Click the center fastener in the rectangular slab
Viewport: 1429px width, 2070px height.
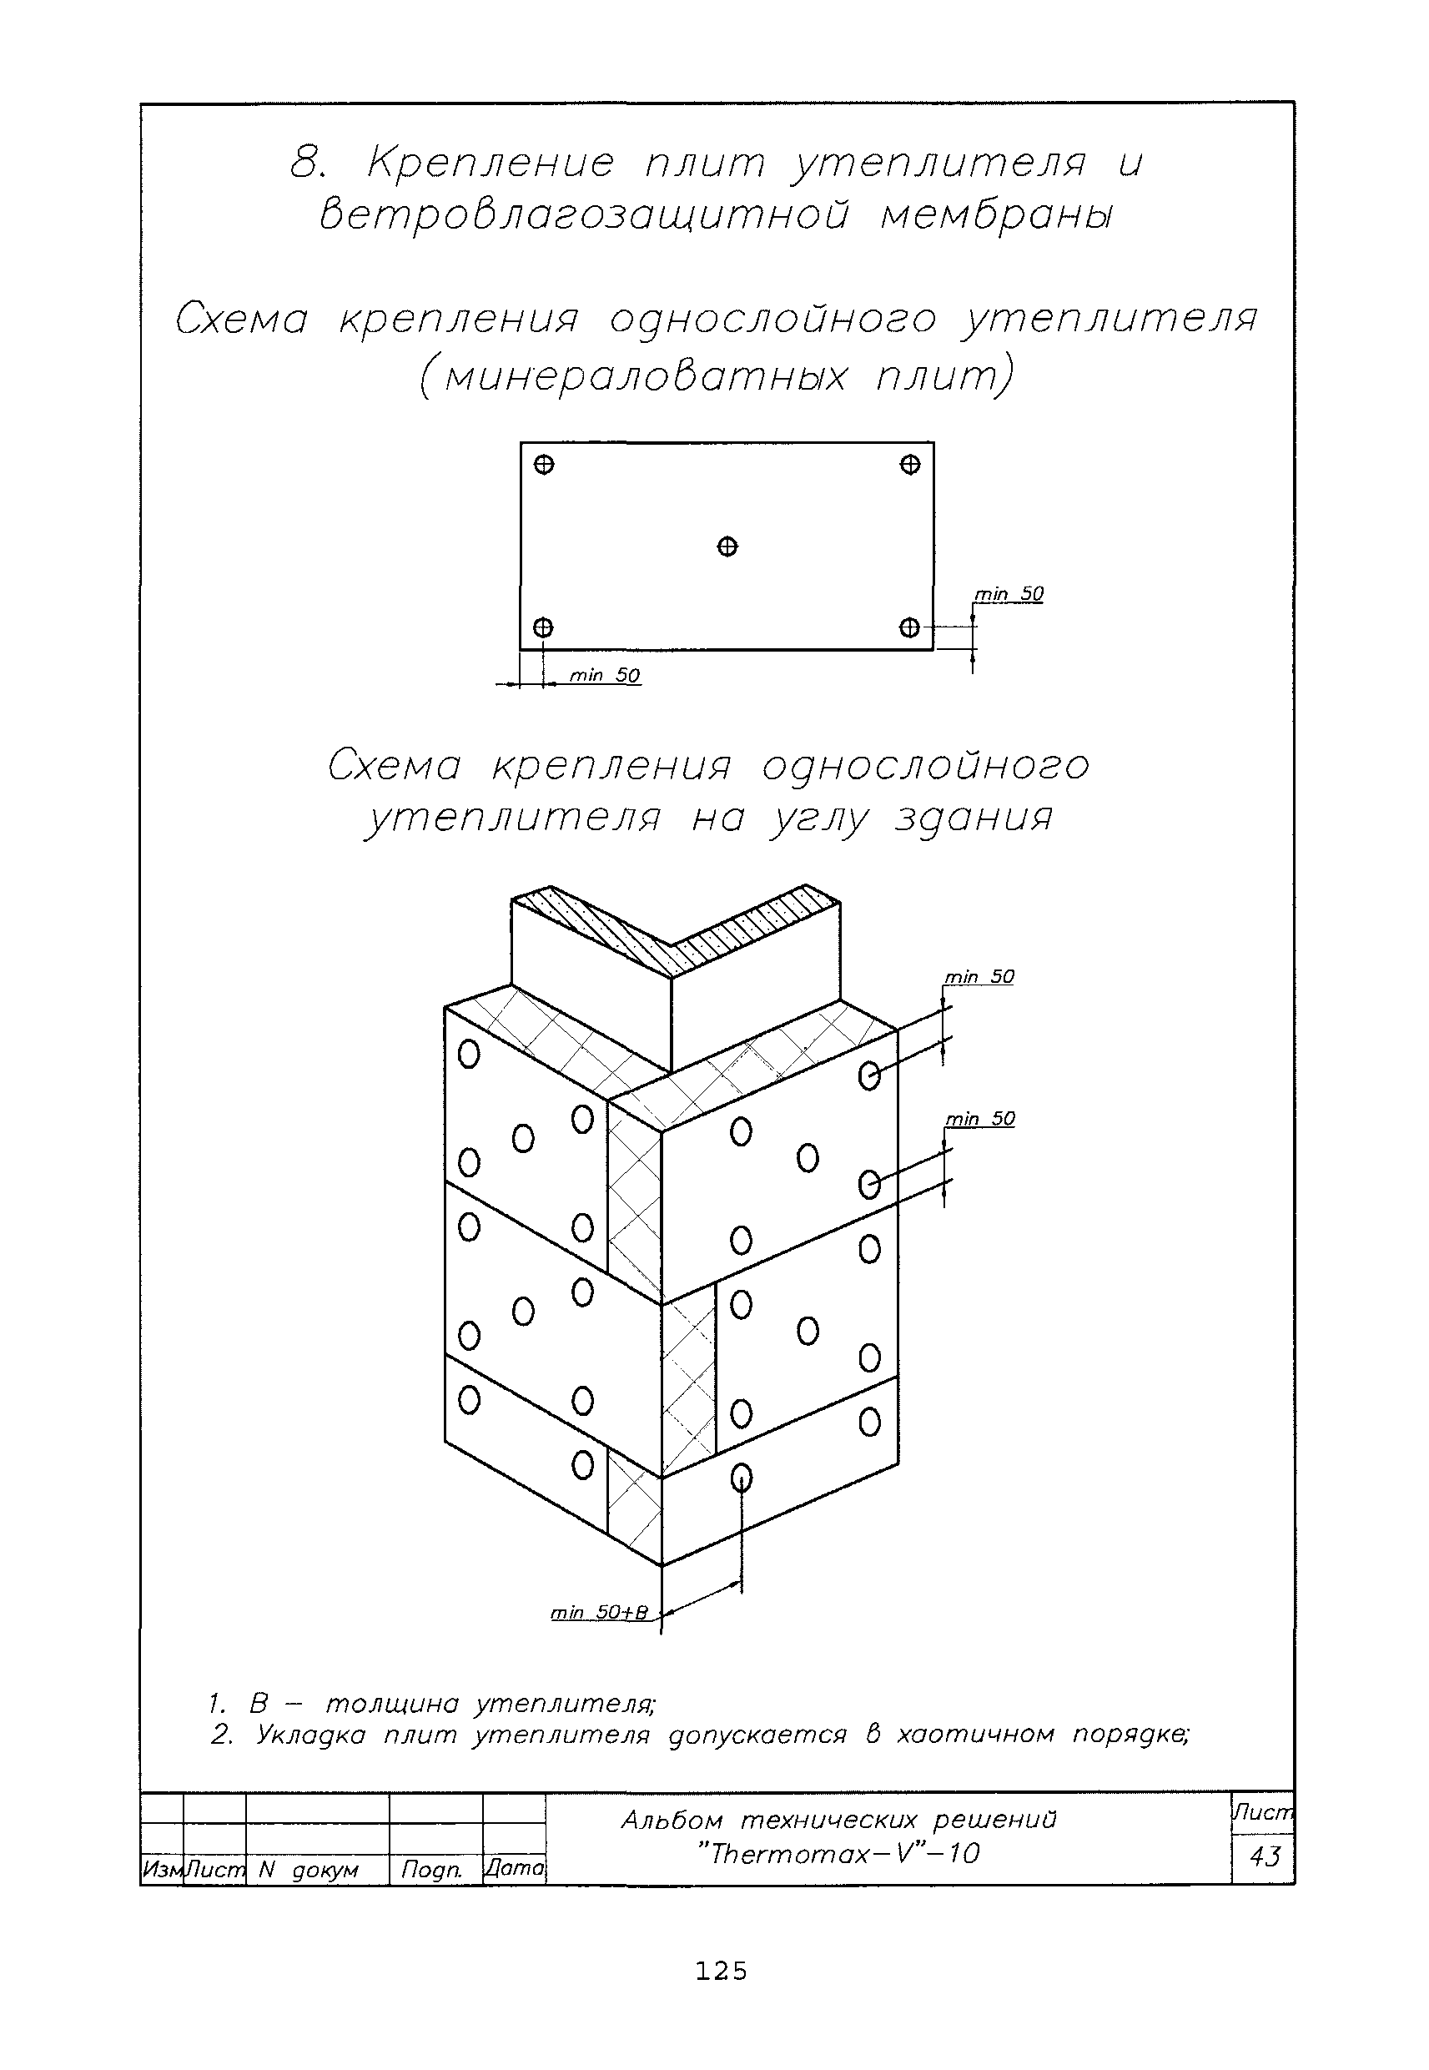[x=727, y=546]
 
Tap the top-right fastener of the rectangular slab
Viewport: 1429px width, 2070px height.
[x=909, y=465]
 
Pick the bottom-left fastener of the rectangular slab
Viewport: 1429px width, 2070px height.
[x=543, y=627]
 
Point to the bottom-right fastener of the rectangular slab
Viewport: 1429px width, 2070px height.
[x=909, y=627]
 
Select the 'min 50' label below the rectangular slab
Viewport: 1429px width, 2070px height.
[x=606, y=676]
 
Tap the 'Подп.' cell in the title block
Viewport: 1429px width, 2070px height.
[x=431, y=1870]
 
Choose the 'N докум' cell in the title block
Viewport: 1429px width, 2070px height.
[x=308, y=1870]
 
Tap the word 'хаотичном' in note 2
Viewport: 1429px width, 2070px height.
[x=975, y=1735]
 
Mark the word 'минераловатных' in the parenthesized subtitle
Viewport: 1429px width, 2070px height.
[x=644, y=377]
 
